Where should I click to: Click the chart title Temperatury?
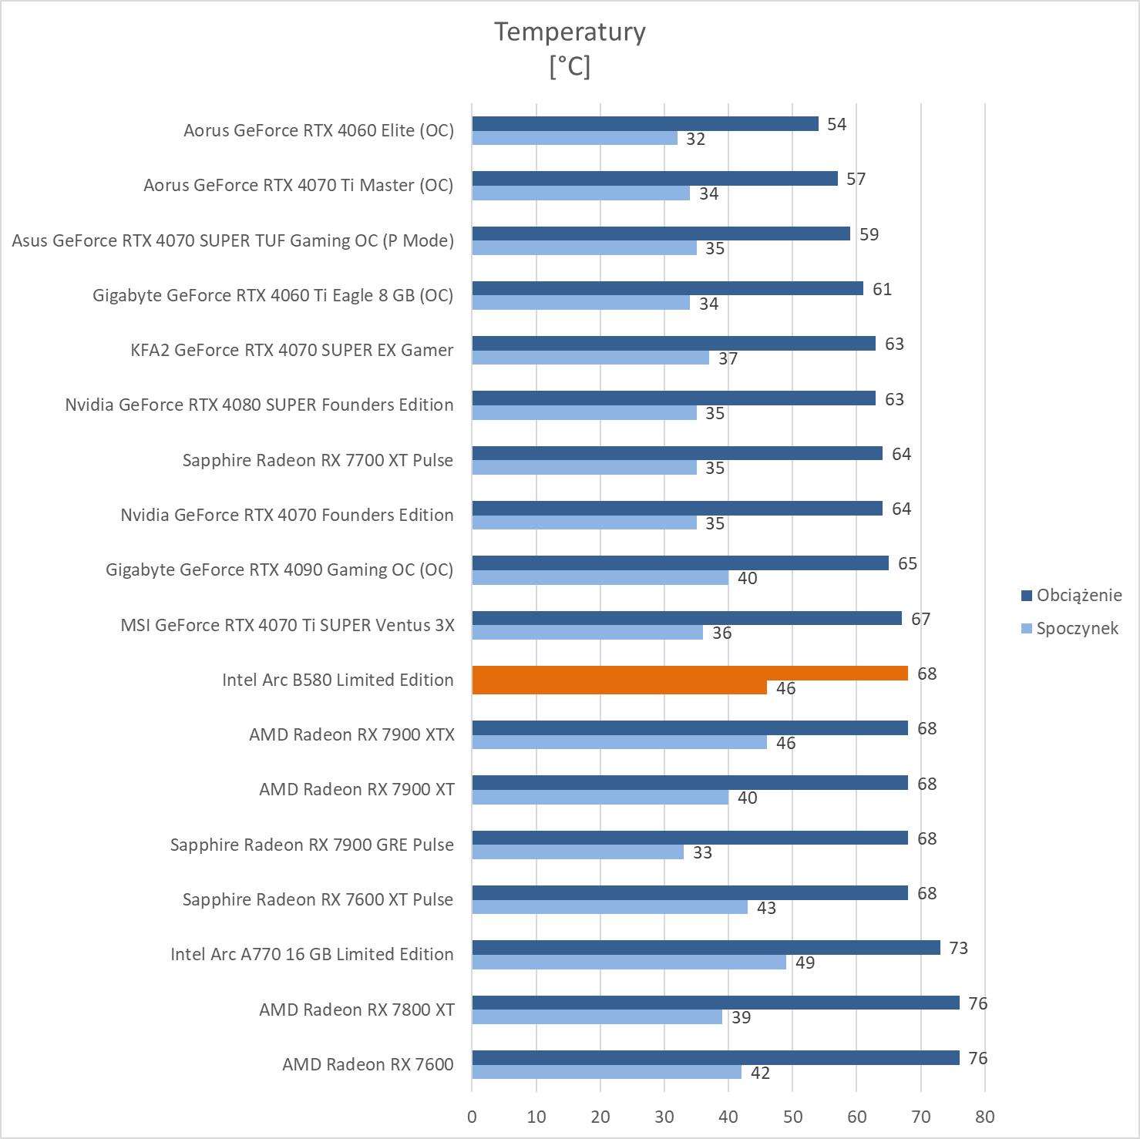(570, 32)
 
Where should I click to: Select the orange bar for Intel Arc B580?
(690, 673)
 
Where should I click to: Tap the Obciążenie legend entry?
(1078, 595)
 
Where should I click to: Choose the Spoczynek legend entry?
(1076, 628)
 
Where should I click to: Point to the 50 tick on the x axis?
(792, 1116)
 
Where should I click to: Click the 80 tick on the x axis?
(984, 1116)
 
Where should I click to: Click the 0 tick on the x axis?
(472, 1116)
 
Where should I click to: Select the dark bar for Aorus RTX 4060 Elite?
(644, 123)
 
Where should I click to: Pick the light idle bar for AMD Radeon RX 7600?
(606, 1072)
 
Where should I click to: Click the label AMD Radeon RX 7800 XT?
(357, 1010)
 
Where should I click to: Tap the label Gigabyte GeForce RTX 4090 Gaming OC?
(279, 569)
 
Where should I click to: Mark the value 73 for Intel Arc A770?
(958, 948)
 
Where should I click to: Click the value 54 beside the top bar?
(836, 124)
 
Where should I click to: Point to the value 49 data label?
(805, 963)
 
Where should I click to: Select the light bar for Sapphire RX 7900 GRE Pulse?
(577, 852)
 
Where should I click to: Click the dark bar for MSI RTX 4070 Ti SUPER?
(686, 618)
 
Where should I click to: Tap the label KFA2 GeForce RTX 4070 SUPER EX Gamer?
(291, 350)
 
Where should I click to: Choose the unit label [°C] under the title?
(570, 66)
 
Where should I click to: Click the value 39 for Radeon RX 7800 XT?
(741, 1017)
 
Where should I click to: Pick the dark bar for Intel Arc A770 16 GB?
(705, 948)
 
